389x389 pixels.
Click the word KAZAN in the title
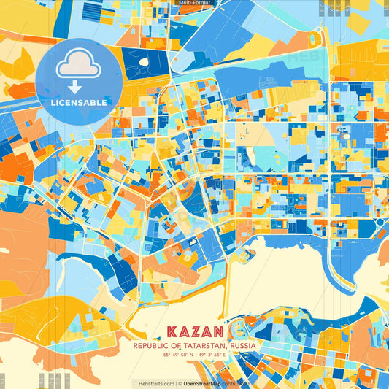point(195,331)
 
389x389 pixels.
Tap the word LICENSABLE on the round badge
point(79,103)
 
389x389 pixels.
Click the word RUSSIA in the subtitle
point(242,345)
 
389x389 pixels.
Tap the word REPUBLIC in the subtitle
point(149,345)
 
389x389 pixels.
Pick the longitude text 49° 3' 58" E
point(212,354)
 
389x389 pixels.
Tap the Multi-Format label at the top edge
point(194,3)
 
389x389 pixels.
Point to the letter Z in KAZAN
point(194,331)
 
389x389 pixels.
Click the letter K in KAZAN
point(171,331)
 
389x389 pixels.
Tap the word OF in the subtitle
point(174,345)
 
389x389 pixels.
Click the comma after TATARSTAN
point(223,347)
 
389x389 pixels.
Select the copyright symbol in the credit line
point(180,382)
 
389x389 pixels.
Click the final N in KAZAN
point(219,331)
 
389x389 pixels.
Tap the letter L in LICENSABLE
point(53,103)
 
